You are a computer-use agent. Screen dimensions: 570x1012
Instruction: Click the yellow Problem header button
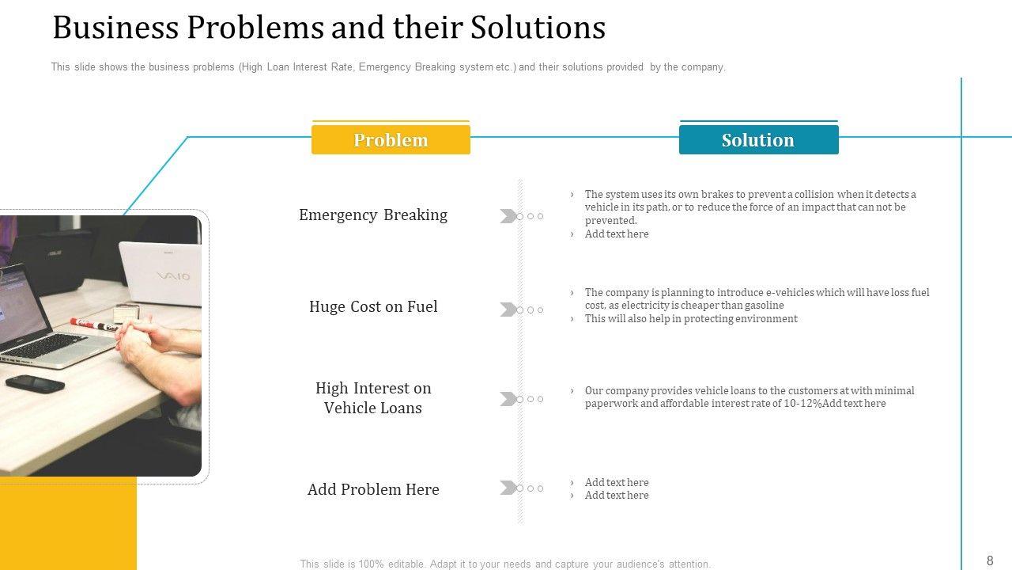(391, 140)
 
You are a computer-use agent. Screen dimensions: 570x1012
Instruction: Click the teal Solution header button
(758, 140)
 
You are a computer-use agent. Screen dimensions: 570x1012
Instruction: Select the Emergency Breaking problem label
(373, 215)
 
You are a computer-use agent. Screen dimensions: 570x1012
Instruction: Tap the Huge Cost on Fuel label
(373, 307)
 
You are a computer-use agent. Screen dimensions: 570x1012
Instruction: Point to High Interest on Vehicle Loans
(373, 398)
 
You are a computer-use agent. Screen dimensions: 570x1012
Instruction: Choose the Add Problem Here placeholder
(373, 490)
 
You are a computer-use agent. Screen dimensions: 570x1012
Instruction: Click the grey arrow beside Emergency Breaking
(508, 216)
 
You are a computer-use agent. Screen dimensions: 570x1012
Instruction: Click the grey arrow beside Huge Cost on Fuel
(508, 310)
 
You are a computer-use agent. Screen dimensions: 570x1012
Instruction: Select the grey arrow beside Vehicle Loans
(508, 399)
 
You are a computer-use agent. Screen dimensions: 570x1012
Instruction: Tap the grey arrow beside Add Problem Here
(508, 488)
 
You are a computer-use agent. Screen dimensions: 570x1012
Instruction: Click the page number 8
(990, 560)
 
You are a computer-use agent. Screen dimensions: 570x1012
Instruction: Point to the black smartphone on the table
(35, 384)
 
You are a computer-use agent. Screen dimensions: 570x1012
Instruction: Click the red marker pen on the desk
(94, 322)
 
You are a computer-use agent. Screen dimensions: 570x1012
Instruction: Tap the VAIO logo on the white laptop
(172, 276)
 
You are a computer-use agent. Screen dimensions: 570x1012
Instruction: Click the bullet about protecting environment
(691, 319)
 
